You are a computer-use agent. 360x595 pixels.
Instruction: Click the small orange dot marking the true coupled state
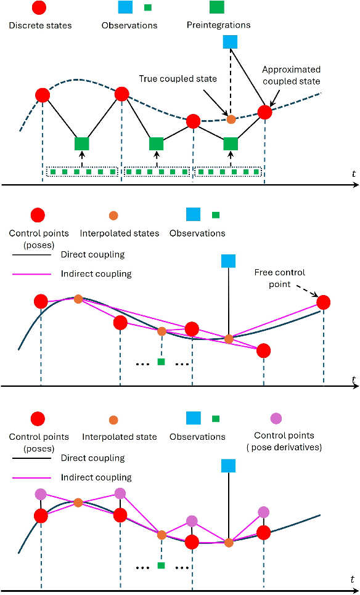click(x=231, y=119)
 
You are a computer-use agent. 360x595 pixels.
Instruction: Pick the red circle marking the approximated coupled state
click(x=264, y=112)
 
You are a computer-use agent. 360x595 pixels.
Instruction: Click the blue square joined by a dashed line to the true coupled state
click(x=230, y=41)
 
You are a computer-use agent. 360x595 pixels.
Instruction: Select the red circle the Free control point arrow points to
click(x=323, y=302)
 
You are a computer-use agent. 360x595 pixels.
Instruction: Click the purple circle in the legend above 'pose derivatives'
click(x=276, y=419)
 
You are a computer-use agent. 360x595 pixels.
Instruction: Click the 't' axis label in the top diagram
click(x=353, y=174)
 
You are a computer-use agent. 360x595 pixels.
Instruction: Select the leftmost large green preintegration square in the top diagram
click(x=82, y=144)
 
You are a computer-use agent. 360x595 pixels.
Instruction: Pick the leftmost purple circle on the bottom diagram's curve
click(x=41, y=494)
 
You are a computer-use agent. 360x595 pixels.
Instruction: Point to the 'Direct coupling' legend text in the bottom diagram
click(x=92, y=458)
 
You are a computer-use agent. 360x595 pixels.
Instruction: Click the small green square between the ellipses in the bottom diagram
click(x=161, y=565)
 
